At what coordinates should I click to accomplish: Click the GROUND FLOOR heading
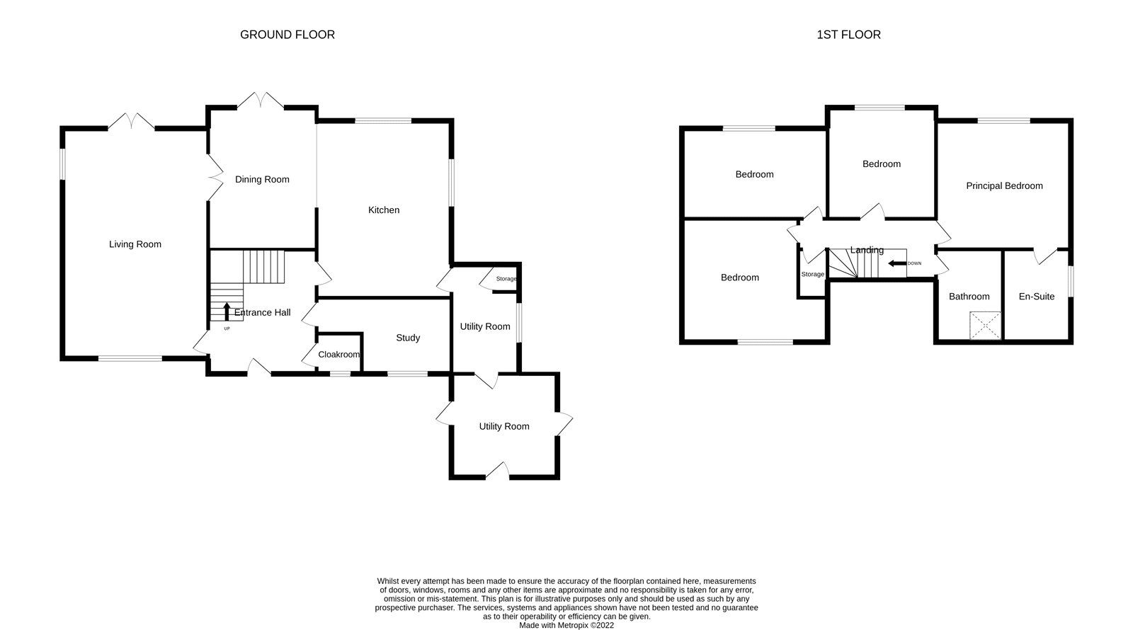[x=287, y=34]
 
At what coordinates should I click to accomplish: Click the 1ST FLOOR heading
[x=848, y=34]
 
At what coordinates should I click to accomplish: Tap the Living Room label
[x=135, y=244]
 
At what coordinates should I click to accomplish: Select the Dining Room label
[x=262, y=179]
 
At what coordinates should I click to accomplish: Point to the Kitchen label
[x=384, y=210]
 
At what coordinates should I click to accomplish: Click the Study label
[x=408, y=338]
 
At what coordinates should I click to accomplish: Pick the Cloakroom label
[x=338, y=354]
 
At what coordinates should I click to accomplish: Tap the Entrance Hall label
[x=262, y=312]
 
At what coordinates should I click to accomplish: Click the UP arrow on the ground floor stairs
[x=227, y=311]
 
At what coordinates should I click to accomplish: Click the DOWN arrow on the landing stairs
[x=897, y=263]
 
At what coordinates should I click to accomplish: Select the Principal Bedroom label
[x=1004, y=185]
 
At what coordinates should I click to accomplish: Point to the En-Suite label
[x=1036, y=297]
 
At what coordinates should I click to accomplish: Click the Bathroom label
[x=969, y=297]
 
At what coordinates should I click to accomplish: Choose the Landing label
[x=867, y=250]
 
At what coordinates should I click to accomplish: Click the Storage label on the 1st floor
[x=812, y=274]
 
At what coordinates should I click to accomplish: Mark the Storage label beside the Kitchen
[x=506, y=279]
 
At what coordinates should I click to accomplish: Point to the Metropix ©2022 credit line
[x=566, y=625]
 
